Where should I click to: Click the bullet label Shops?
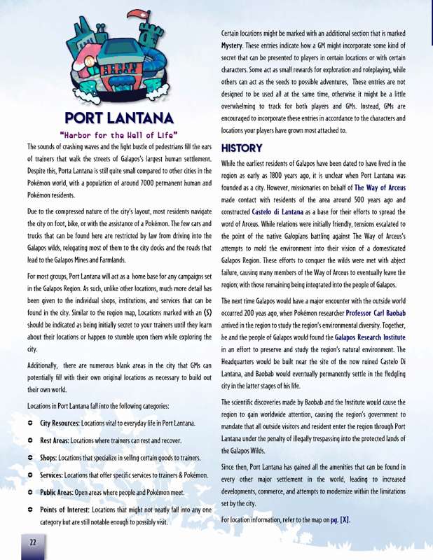click(x=53, y=458)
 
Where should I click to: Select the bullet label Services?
click(x=57, y=476)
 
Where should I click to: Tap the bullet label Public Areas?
click(x=63, y=492)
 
